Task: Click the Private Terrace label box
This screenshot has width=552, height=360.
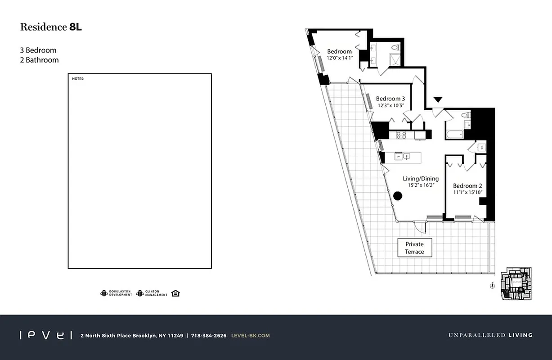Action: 414,248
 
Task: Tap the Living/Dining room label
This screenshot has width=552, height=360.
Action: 420,179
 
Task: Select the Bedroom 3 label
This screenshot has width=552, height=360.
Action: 390,99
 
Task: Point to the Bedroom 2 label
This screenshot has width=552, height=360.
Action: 467,186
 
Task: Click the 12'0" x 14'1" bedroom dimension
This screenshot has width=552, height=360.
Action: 340,58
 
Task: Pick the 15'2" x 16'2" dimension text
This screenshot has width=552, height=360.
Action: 420,185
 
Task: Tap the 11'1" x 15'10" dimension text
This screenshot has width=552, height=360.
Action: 467,192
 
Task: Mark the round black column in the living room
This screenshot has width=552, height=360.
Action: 398,196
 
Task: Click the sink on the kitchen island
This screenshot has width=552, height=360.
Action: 407,157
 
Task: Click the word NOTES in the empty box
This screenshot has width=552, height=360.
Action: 78,79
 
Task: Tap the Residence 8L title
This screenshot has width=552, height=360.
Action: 51,27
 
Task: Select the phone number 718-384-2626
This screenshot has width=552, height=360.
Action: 209,335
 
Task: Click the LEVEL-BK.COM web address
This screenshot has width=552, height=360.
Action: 250,335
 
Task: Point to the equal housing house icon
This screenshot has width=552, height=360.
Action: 175,293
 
